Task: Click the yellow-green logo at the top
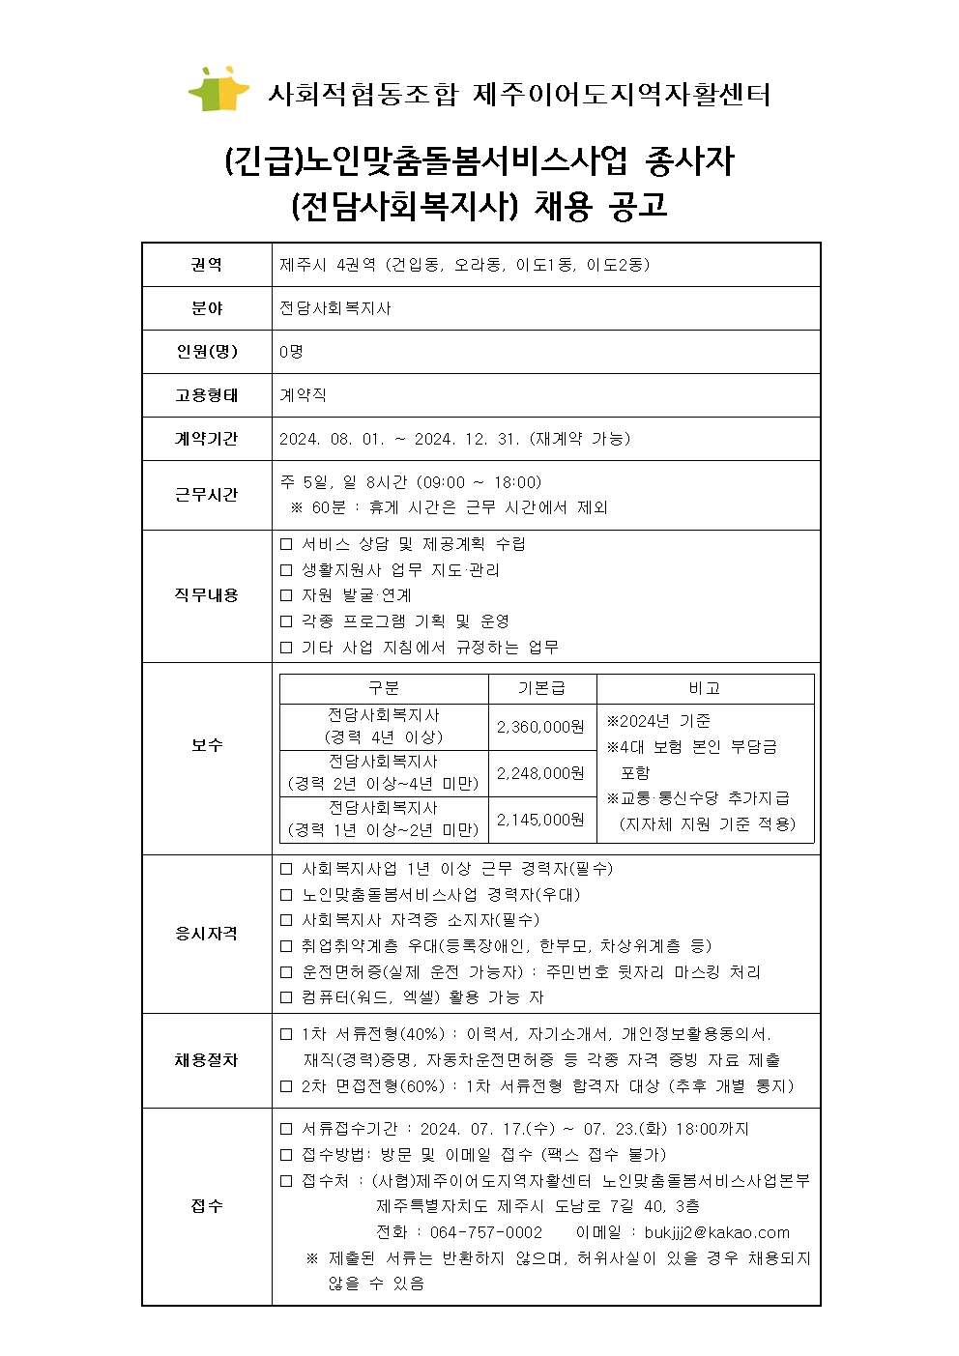[219, 89]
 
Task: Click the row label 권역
[207, 265]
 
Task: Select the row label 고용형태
[207, 395]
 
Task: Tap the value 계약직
[303, 395]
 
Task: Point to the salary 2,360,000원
[541, 727]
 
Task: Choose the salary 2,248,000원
[541, 773]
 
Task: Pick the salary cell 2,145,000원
[541, 820]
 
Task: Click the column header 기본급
[541, 688]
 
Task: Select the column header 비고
[705, 688]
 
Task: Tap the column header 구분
[384, 688]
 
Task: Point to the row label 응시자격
[207, 934]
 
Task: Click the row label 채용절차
[207, 1060]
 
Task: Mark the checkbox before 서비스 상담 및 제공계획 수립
[286, 545]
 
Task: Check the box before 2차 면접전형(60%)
[286, 1086]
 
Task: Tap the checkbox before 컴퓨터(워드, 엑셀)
[286, 997]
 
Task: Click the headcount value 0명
[291, 352]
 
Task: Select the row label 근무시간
[207, 495]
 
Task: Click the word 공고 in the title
[638, 206]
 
